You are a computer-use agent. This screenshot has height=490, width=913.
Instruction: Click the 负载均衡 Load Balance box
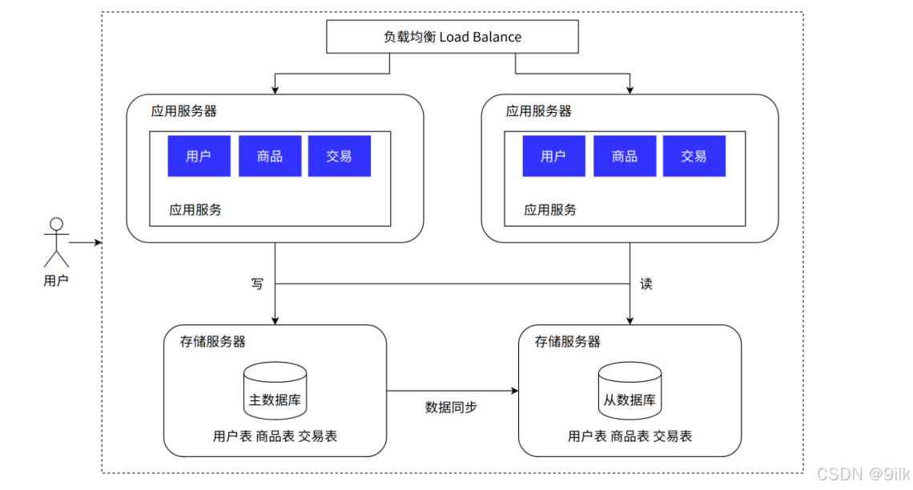[452, 37]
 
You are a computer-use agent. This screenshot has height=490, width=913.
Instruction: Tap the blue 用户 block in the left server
[199, 156]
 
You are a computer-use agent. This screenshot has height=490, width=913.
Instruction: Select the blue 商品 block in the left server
[270, 156]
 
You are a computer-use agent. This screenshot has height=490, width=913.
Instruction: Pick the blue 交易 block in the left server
[340, 156]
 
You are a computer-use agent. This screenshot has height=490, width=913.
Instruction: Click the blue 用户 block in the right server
[553, 156]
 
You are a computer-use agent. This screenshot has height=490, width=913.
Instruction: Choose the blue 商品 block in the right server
[625, 156]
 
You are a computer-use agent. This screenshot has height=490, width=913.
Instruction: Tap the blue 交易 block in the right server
[694, 156]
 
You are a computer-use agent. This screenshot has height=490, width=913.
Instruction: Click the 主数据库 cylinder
[275, 391]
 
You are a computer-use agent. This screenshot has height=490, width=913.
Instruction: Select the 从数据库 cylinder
[630, 391]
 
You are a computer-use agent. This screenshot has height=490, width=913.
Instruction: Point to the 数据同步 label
[451, 408]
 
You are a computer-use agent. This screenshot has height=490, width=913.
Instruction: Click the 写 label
[257, 284]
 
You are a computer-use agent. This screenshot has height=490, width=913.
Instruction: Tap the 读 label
[646, 284]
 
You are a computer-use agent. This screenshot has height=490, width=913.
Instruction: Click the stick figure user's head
[57, 225]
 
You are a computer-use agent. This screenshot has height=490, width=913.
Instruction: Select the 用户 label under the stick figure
[56, 280]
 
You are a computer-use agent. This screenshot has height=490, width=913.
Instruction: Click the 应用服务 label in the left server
[195, 210]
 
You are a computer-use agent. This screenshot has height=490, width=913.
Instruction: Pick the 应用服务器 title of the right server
[539, 111]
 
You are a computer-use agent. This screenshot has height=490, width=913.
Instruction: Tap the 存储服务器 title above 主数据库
[212, 342]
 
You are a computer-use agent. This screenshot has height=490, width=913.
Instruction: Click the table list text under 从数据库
[630, 436]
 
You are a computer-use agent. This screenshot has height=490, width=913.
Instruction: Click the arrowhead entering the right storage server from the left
[515, 391]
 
